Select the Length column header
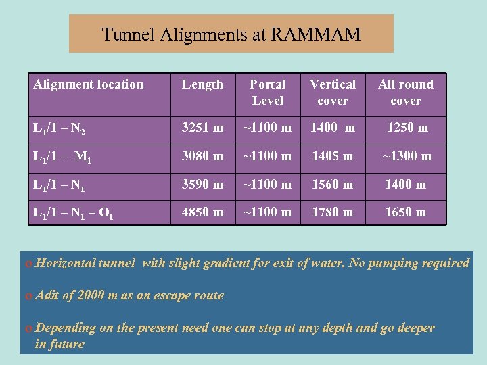[202, 84]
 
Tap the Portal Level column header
[268, 93]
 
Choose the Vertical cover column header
[333, 93]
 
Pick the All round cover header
[406, 93]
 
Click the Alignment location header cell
[89, 84]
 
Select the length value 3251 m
[202, 127]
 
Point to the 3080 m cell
[202, 156]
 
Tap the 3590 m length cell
[202, 184]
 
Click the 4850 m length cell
[202, 212]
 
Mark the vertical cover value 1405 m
[333, 156]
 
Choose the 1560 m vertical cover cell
[333, 184]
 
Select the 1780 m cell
[333, 212]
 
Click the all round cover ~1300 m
[406, 156]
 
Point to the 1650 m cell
[406, 212]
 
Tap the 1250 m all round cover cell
[406, 127]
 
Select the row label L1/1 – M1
[62, 157]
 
